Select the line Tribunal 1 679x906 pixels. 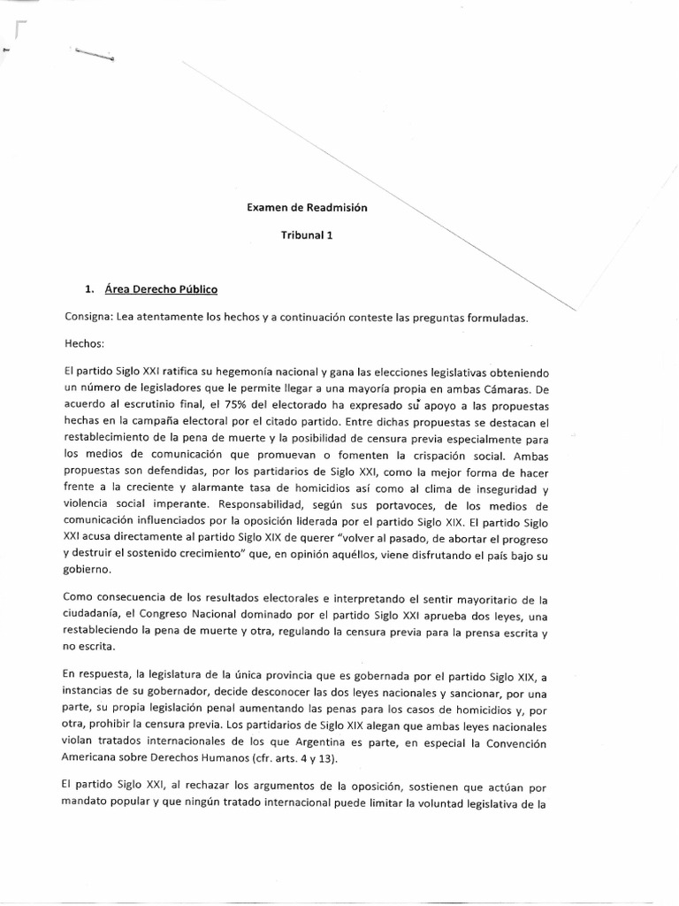coord(305,236)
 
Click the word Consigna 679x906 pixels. coord(88,317)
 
